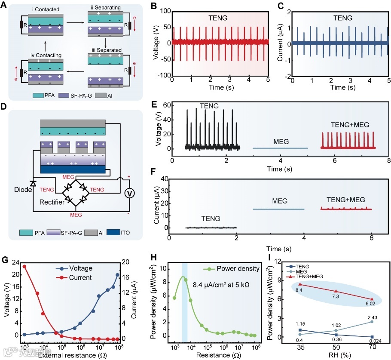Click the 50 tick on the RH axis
[336, 346]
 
